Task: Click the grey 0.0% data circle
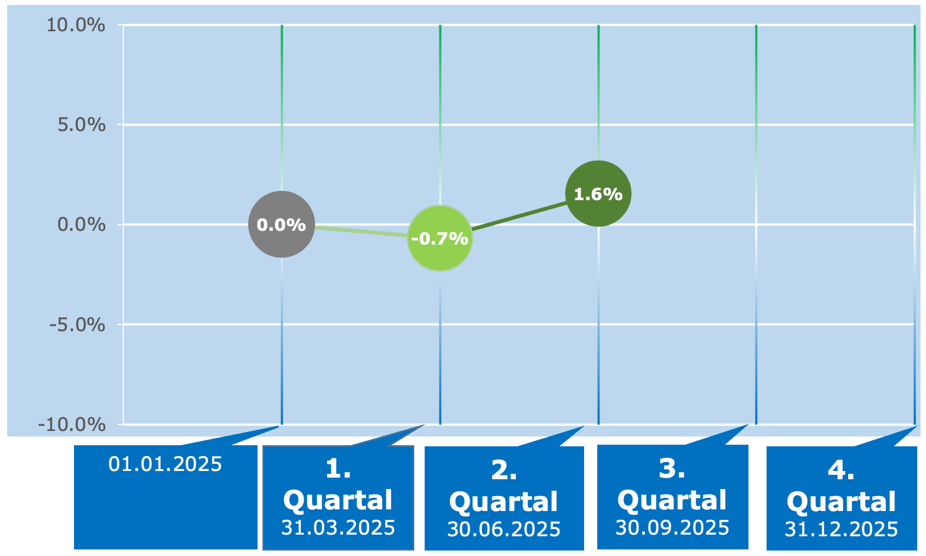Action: pyautogui.click(x=282, y=224)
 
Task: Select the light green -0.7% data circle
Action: pyautogui.click(x=440, y=239)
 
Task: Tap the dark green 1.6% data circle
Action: pyautogui.click(x=598, y=194)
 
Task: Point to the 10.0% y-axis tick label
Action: pyautogui.click(x=76, y=25)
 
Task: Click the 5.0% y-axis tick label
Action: pyautogui.click(x=82, y=124)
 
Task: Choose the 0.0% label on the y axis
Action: pyautogui.click(x=82, y=224)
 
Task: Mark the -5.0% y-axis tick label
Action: pyautogui.click(x=78, y=325)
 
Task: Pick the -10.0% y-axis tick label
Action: pyautogui.click(x=72, y=424)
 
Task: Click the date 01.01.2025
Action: pyautogui.click(x=165, y=464)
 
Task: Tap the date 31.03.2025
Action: pyautogui.click(x=338, y=527)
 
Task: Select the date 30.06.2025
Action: pyautogui.click(x=504, y=529)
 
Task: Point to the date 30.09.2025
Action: pyautogui.click(x=672, y=527)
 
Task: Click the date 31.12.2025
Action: pyautogui.click(x=841, y=529)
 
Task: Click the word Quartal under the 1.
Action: pyautogui.click(x=338, y=501)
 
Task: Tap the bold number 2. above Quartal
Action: pyautogui.click(x=504, y=470)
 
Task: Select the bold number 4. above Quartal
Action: pyautogui.click(x=841, y=470)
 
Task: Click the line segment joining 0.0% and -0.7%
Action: pyautogui.click(x=361, y=231)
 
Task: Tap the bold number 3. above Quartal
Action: pyautogui.click(x=672, y=469)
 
